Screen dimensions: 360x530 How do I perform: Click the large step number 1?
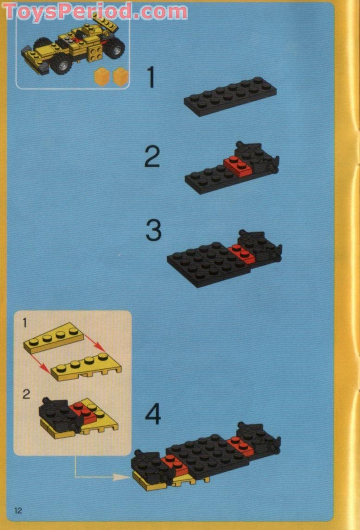pyautogui.click(x=151, y=77)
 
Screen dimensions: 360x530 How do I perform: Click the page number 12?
pyautogui.click(x=18, y=510)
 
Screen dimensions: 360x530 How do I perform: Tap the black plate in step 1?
pyautogui.click(x=230, y=96)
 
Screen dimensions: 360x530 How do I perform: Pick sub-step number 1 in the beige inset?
pyautogui.click(x=25, y=323)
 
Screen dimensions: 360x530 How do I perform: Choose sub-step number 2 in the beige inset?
pyautogui.click(x=26, y=394)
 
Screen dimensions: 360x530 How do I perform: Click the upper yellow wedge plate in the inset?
pyautogui.click(x=53, y=338)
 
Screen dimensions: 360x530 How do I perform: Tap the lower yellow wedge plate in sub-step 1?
pyautogui.click(x=86, y=367)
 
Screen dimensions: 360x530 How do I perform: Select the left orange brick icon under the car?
pyautogui.click(x=102, y=76)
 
